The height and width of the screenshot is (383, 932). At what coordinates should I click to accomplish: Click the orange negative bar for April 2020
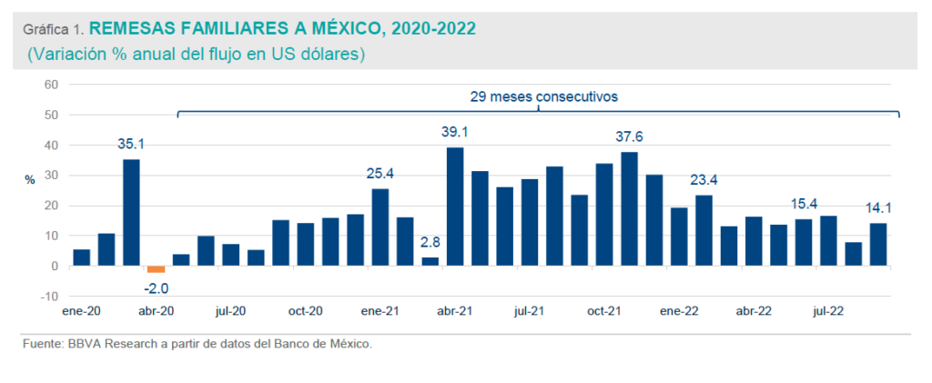pyautogui.click(x=156, y=269)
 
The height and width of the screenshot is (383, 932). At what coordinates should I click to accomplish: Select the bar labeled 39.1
pyautogui.click(x=455, y=207)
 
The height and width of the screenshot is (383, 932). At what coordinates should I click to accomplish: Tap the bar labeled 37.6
pyautogui.click(x=629, y=209)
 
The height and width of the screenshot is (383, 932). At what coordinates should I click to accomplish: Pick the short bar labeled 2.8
pyautogui.click(x=431, y=262)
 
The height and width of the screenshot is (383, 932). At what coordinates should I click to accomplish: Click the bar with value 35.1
pyautogui.click(x=131, y=213)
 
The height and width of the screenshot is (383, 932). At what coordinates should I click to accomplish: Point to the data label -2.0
pyautogui.click(x=156, y=287)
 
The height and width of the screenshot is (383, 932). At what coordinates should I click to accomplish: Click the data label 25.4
pyautogui.click(x=380, y=173)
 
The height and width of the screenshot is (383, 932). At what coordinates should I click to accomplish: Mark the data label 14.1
pyautogui.click(x=877, y=207)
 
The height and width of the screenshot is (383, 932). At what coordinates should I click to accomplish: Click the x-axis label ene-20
pyautogui.click(x=81, y=310)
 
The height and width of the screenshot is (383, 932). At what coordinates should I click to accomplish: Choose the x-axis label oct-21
pyautogui.click(x=603, y=310)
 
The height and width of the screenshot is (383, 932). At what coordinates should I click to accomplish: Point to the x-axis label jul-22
pyautogui.click(x=827, y=310)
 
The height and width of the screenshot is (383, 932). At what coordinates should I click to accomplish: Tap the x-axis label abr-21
pyautogui.click(x=454, y=310)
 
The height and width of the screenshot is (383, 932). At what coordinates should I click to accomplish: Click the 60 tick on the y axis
pyautogui.click(x=51, y=85)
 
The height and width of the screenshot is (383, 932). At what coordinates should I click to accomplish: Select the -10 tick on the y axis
pyautogui.click(x=49, y=297)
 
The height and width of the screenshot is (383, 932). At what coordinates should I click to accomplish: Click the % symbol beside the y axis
pyautogui.click(x=30, y=180)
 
